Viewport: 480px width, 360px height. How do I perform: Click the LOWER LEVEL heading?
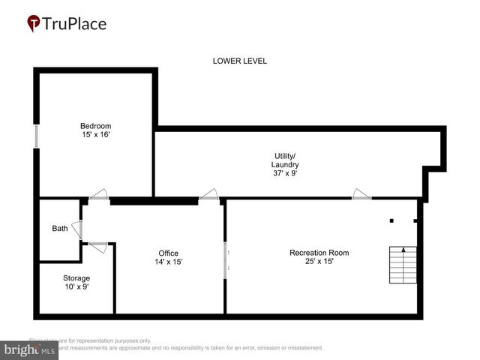point(239,61)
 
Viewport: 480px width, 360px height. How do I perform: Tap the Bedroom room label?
point(96,125)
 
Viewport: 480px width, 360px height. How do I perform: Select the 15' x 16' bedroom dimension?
point(96,134)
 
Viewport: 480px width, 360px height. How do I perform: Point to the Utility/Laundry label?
point(285,160)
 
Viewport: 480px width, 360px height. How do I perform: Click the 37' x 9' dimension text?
point(285,173)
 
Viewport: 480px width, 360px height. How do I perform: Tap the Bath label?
point(59,229)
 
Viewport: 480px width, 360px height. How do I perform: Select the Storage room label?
point(75,278)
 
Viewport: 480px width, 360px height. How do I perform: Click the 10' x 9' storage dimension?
point(75,287)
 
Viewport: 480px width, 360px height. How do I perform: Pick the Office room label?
point(168,253)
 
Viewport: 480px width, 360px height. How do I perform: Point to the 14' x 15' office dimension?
point(168,262)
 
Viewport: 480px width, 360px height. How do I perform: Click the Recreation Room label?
point(319,253)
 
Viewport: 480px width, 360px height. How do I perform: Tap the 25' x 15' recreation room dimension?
point(319,262)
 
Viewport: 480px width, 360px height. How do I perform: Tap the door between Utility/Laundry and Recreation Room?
point(361,196)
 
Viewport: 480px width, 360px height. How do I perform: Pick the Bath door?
point(79,229)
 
